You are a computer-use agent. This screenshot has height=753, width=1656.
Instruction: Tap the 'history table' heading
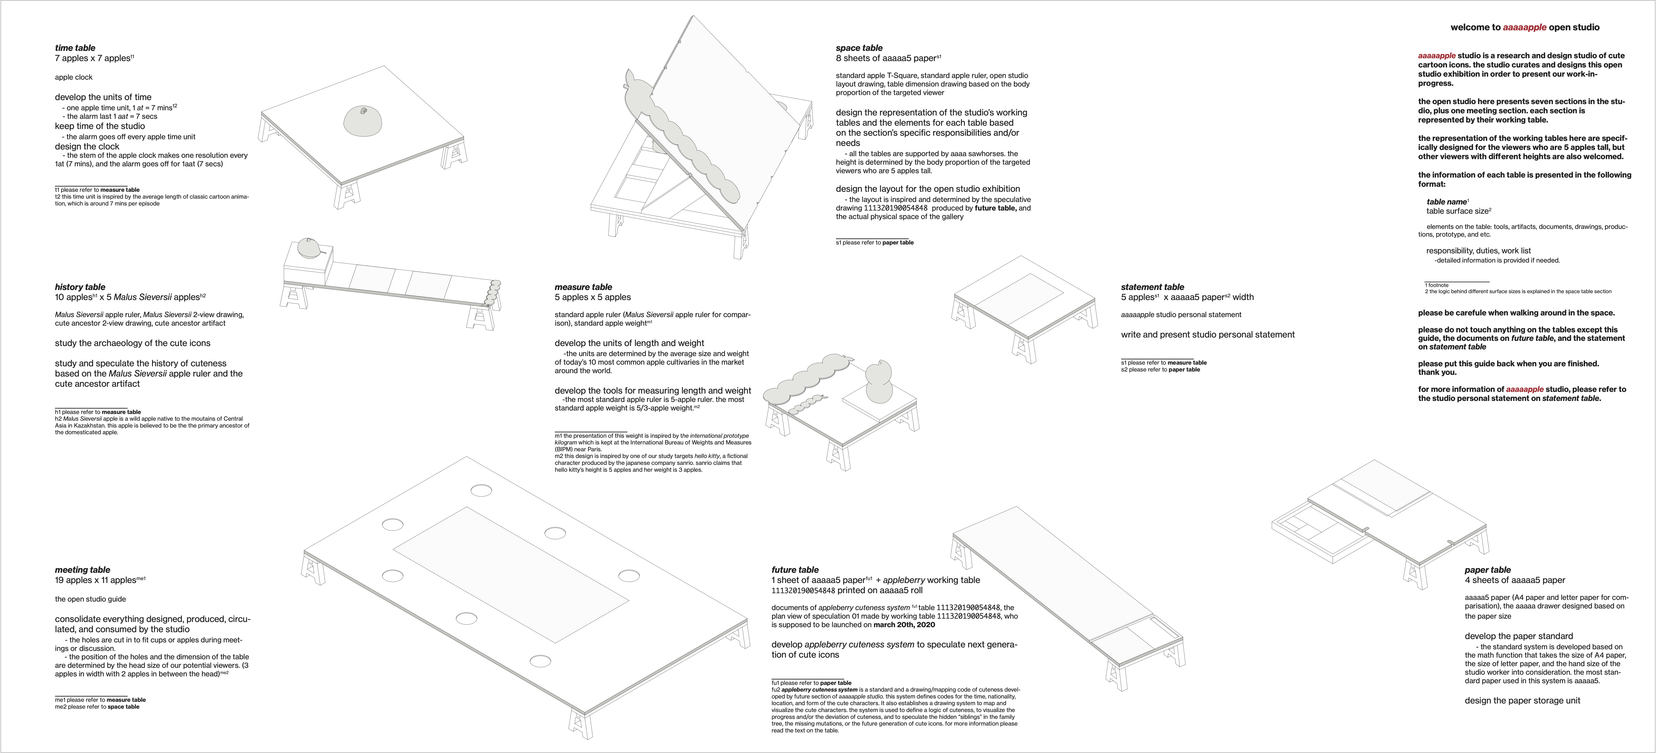[x=80, y=287]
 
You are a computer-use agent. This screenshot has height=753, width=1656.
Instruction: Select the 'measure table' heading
[x=583, y=287]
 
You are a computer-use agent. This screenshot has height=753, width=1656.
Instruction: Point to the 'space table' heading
[x=859, y=48]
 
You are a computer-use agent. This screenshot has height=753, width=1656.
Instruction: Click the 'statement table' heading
[x=1152, y=287]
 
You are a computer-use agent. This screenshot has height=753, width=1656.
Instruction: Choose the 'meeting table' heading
[x=82, y=570]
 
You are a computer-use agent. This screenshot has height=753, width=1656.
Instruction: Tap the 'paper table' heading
[x=1488, y=570]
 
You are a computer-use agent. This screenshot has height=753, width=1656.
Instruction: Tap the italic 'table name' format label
[x=1446, y=202]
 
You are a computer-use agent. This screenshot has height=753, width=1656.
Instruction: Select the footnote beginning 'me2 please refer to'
[x=97, y=707]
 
